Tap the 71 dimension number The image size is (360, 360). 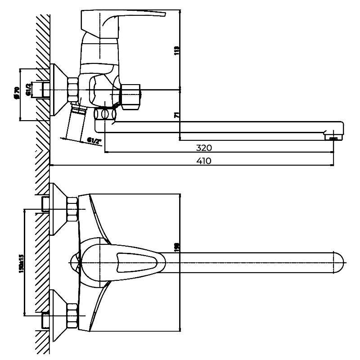coord(176,115)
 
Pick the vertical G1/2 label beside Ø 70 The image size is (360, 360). coord(28,90)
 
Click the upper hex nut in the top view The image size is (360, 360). coord(72,210)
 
